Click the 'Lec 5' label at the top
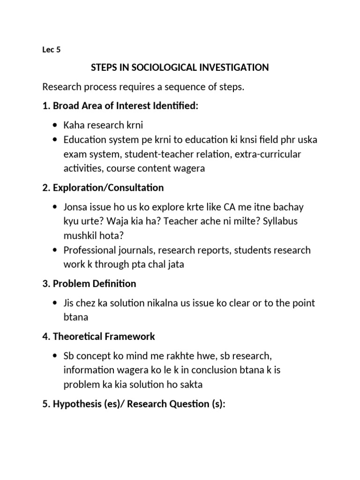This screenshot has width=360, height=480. pos(52,51)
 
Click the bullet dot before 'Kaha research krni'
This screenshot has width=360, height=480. pos(56,126)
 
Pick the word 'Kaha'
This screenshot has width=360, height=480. pos(74,126)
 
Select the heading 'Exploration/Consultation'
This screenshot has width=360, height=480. pos(108,187)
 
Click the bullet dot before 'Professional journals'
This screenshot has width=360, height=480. pos(56,250)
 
